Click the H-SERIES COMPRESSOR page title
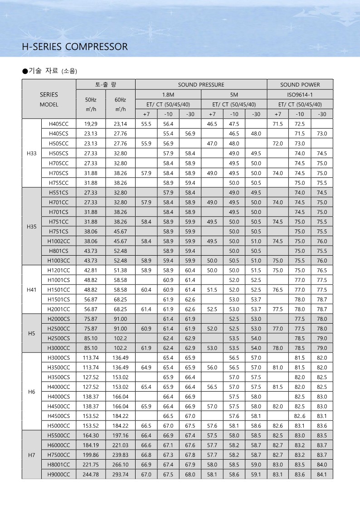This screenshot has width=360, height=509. pyautogui.click(x=75, y=47)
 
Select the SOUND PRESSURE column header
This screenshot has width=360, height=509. pyautogui.click(x=201, y=85)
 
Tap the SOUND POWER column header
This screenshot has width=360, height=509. pyautogui.click(x=300, y=85)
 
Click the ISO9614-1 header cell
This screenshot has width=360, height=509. pyautogui.click(x=300, y=94)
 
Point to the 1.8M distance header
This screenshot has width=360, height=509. pyautogui.click(x=168, y=94)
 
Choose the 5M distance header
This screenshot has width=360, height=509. pyautogui.click(x=234, y=94)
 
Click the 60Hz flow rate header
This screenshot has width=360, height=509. pyautogui.click(x=120, y=104)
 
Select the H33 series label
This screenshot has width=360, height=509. pyautogui.click(x=31, y=153)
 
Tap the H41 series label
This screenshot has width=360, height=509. pyautogui.click(x=31, y=289)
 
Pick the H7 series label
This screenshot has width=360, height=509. pyautogui.click(x=31, y=455)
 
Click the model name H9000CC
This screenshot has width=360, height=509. pyautogui.click(x=59, y=474)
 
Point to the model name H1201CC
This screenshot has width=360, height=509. pyautogui.click(x=59, y=270)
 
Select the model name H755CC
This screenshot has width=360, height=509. pyautogui.click(x=59, y=182)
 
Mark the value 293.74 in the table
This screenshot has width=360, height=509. pyautogui.click(x=120, y=474)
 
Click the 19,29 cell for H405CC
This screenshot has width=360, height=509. pyautogui.click(x=91, y=124)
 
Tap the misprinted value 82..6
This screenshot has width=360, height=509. pyautogui.click(x=300, y=416)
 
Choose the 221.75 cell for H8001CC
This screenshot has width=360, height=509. pyautogui.click(x=91, y=465)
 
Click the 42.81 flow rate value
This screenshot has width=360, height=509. pyautogui.click(x=91, y=270)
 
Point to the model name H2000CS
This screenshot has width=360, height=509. pyautogui.click(x=59, y=319)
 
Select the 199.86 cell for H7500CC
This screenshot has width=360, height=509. pyautogui.click(x=91, y=455)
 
